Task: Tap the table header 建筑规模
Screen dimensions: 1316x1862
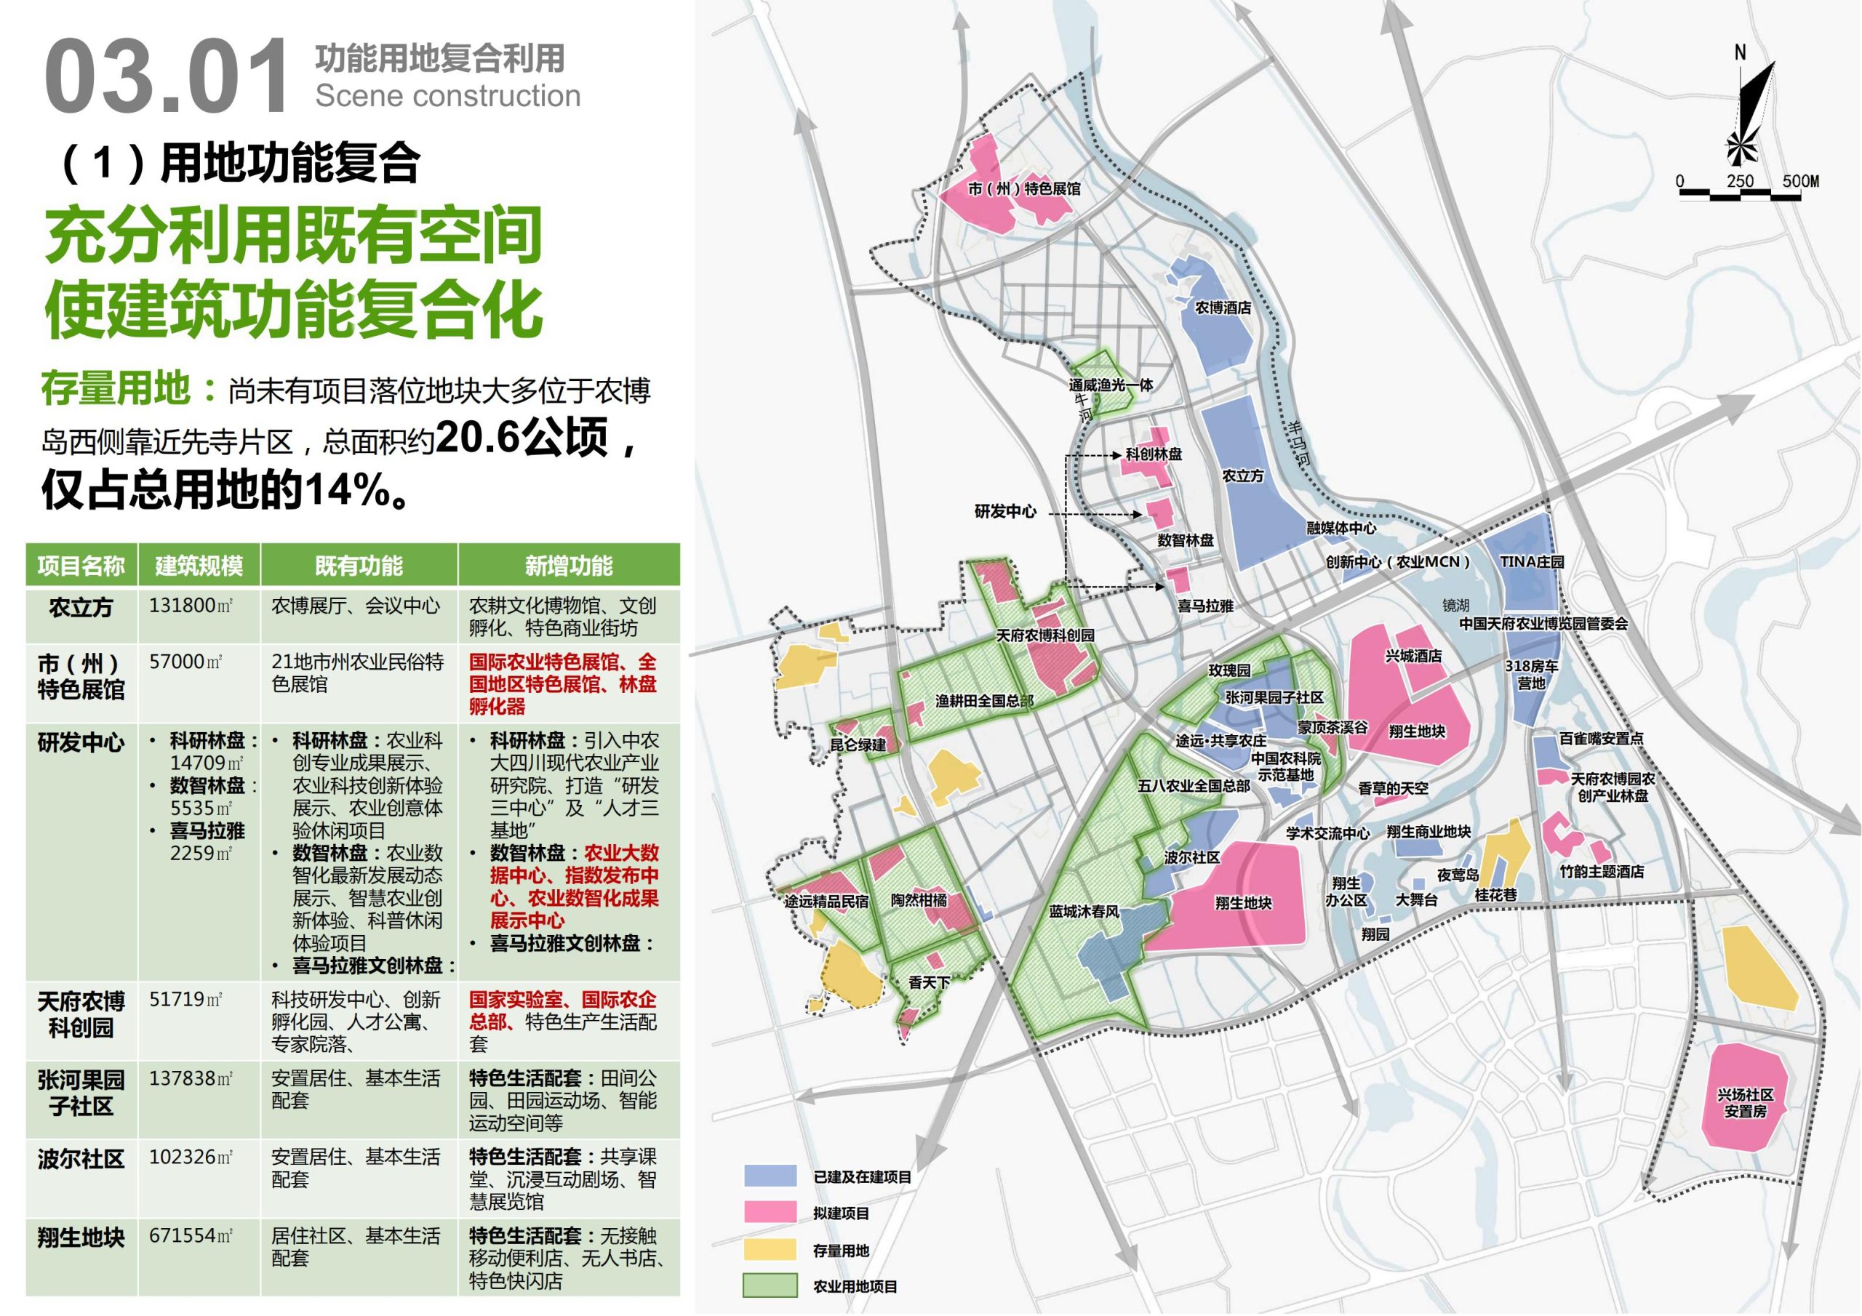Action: pos(199,565)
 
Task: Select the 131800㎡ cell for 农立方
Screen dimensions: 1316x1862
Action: pos(191,606)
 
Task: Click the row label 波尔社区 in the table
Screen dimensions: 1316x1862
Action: pos(81,1159)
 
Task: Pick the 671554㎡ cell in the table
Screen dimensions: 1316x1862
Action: pos(191,1236)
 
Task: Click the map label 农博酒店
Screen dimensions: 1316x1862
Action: pos(1223,308)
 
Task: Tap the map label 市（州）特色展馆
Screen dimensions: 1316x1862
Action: pos(1024,189)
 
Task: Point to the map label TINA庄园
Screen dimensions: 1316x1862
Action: pos(1531,562)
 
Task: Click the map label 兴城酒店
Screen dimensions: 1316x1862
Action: pos(1413,656)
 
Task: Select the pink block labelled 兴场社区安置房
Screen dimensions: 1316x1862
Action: pos(1744,1103)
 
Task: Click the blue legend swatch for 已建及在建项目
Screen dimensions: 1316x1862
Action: pos(770,1176)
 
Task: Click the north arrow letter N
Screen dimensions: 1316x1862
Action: pos(1741,52)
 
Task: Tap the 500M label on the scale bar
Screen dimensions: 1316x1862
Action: pos(1800,181)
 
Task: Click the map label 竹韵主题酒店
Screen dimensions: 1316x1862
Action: pos(1602,872)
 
